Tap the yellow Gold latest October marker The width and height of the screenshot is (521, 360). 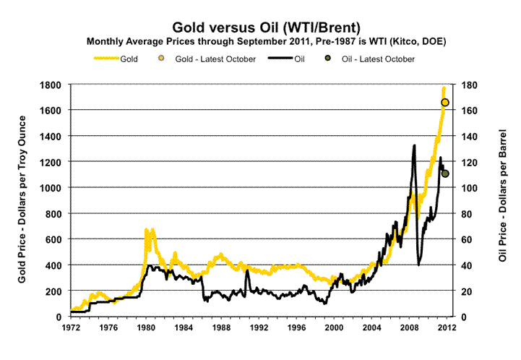click(x=445, y=103)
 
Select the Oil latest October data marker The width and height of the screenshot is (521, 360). click(x=445, y=173)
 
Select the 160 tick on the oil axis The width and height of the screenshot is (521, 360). click(x=470, y=111)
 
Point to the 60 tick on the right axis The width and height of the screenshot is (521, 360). click(x=468, y=239)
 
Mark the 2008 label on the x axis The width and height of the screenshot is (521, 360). click(x=408, y=327)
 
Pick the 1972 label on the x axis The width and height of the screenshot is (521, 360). click(x=70, y=327)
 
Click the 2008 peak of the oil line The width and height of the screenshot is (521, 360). click(x=414, y=145)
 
